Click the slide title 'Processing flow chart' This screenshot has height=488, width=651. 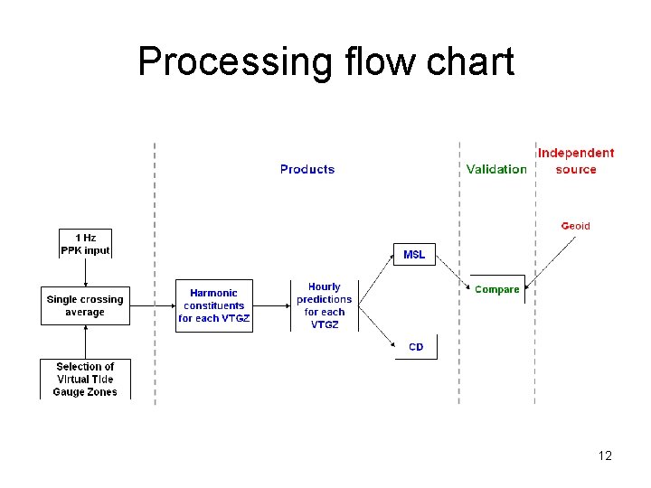325,61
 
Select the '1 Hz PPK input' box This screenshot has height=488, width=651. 85,244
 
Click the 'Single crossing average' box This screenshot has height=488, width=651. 85,305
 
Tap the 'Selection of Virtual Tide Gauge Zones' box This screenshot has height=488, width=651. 85,380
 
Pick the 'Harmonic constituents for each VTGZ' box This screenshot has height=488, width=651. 214,305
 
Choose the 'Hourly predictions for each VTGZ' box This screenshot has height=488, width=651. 324,305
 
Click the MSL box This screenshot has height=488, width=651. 414,255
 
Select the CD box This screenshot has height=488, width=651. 416,347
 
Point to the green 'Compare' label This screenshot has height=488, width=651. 496,289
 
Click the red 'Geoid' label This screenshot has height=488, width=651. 575,226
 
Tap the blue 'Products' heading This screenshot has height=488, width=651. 307,169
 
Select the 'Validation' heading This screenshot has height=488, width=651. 496,169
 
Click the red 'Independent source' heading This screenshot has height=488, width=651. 576,161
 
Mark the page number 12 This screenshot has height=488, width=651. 605,455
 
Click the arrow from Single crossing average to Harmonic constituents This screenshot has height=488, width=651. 152,305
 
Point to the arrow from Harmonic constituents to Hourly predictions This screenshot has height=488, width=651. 271,305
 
